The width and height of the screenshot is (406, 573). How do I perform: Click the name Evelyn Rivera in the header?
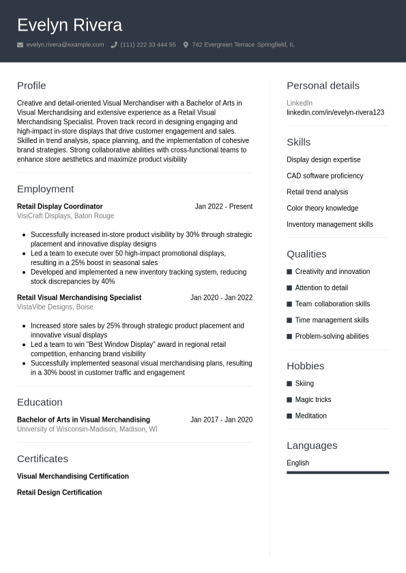70,25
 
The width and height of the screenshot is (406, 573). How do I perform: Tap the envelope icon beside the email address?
20,45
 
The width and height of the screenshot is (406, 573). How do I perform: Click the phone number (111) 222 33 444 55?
148,45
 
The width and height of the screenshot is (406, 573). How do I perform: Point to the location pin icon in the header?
186,45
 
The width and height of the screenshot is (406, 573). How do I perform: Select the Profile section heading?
31,85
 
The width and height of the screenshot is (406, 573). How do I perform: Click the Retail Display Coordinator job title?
60,206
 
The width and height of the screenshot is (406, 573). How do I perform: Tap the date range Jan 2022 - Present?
223,206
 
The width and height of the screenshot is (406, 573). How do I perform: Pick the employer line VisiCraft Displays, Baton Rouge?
66,216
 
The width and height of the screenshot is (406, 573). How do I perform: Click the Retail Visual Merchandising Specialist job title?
79,298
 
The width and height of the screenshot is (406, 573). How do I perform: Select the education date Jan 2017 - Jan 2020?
221,420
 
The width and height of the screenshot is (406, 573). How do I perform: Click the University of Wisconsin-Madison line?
87,429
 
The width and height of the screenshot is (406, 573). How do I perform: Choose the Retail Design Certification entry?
59,493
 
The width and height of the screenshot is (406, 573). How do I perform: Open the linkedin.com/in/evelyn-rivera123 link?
335,112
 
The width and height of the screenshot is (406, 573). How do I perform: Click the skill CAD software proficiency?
325,176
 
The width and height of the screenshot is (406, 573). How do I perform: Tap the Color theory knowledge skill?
322,208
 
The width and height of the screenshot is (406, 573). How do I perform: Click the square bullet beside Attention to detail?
289,288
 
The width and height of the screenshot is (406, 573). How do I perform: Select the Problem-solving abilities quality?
332,337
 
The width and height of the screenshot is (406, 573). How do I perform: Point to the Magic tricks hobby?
313,400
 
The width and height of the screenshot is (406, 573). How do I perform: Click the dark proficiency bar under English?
338,472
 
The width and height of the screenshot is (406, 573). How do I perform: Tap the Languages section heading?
312,446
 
